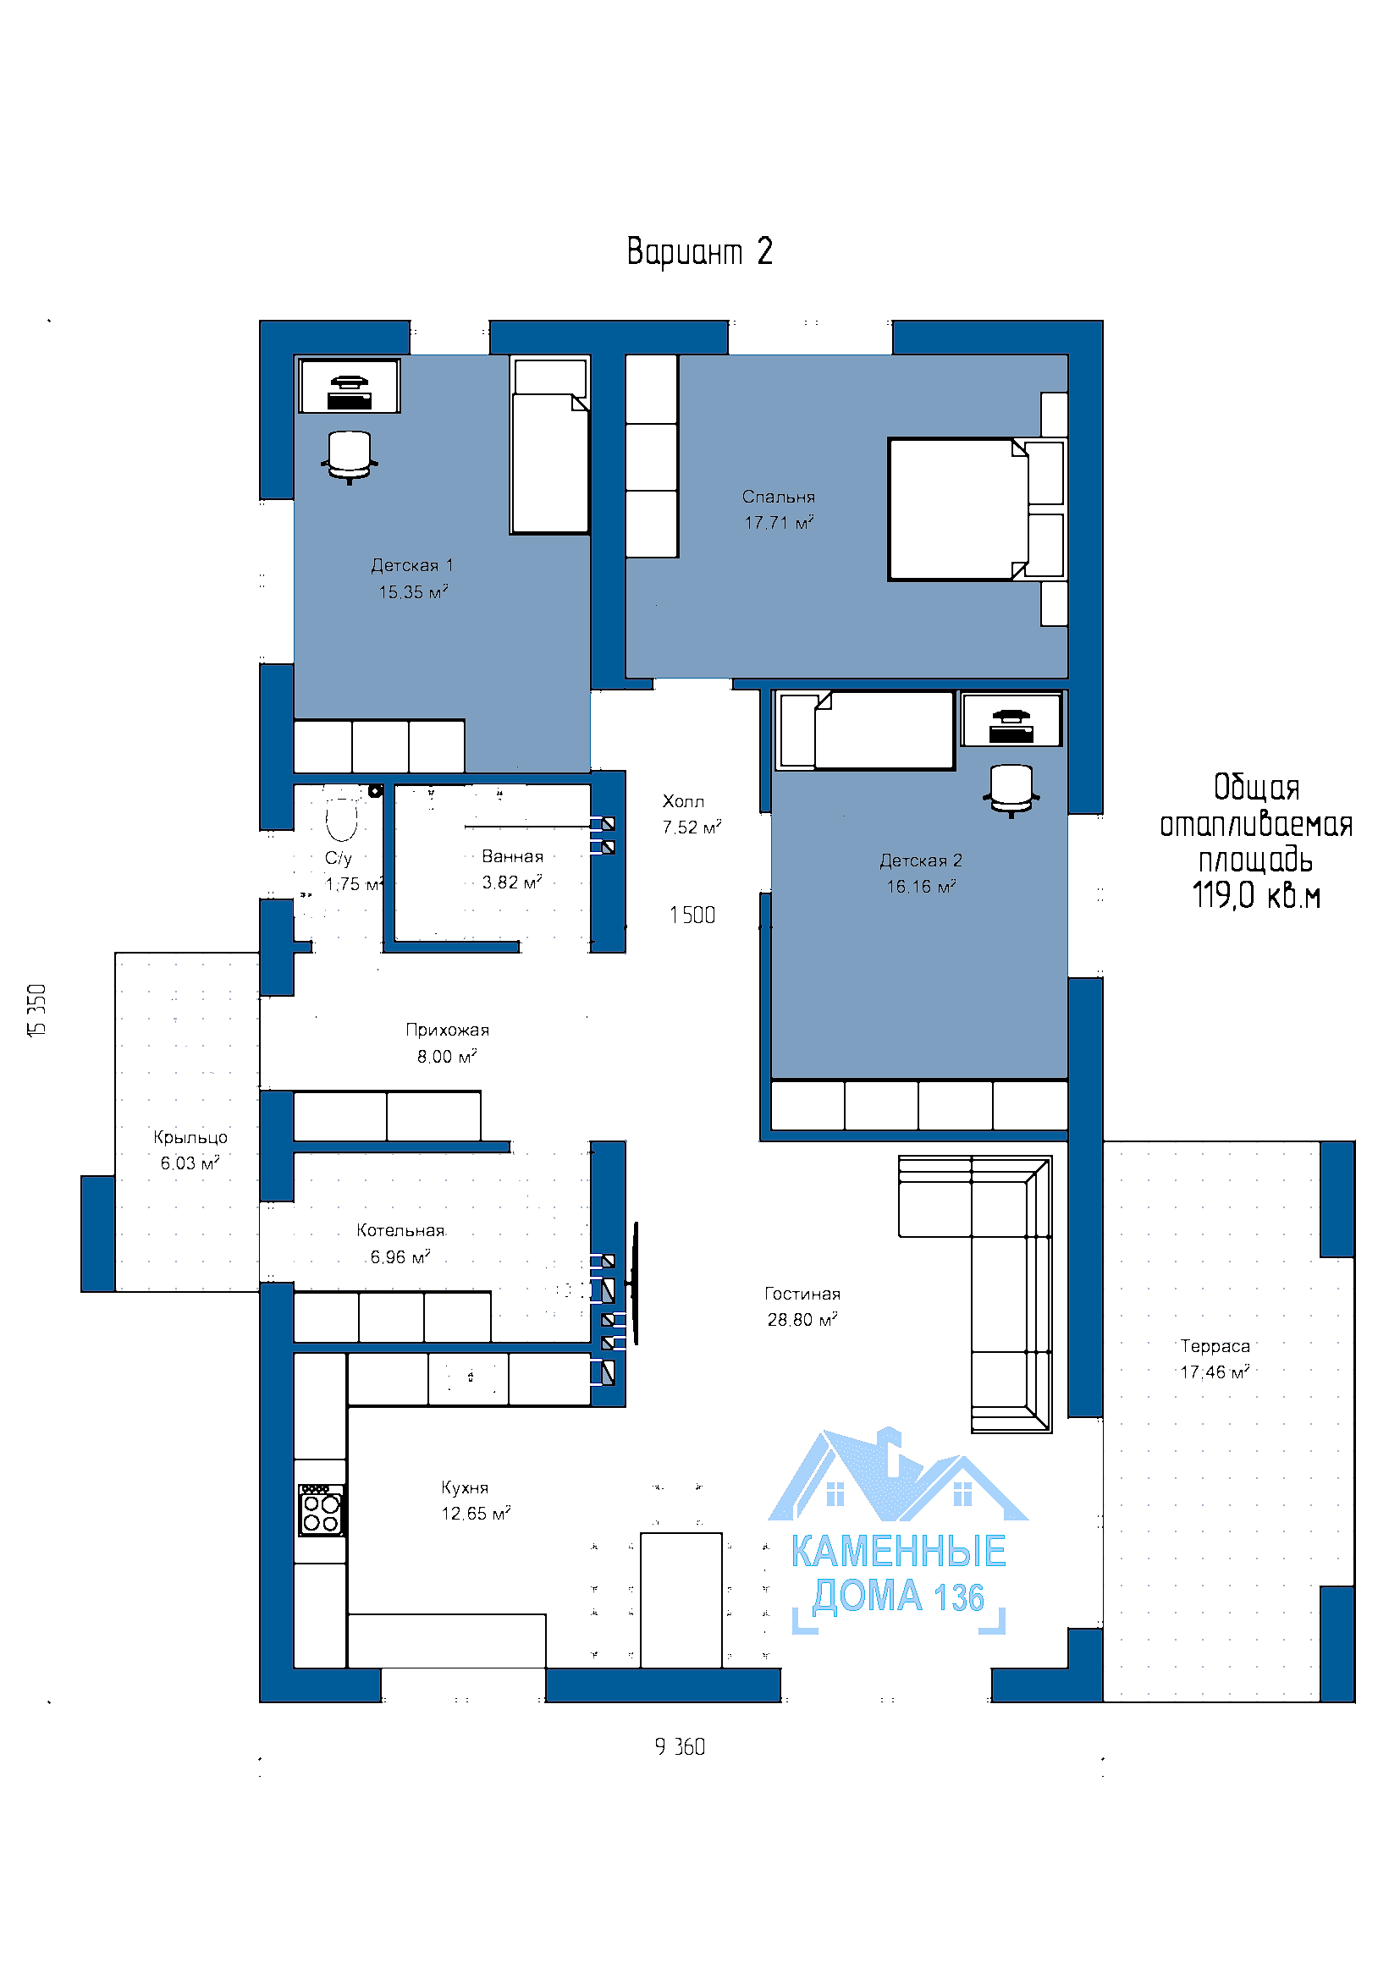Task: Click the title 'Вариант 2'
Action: [699, 251]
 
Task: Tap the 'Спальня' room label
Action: [779, 497]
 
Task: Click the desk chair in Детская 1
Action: [349, 456]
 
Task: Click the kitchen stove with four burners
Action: [321, 1510]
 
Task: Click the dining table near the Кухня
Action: [681, 1600]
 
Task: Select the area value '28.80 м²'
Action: [802, 1320]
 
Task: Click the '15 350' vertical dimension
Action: [37, 1010]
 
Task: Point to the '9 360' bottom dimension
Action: [681, 1747]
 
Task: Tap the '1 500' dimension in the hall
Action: [692, 915]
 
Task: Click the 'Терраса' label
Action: [1215, 1346]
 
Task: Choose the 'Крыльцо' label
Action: [190, 1138]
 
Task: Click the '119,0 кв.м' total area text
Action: [1256, 895]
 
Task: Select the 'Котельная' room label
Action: [400, 1231]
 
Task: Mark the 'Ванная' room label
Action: [512, 857]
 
